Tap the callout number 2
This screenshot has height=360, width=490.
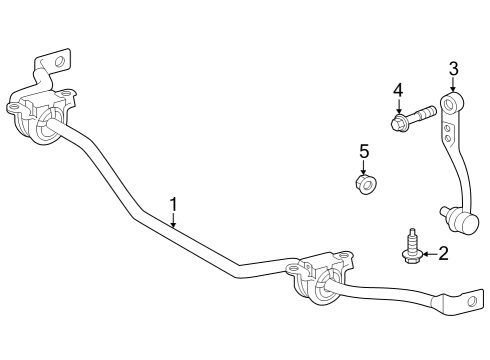pos(443,254)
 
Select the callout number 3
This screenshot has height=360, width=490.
pos(453,68)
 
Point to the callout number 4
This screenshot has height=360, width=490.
pos(397,91)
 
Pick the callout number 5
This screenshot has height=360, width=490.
pos(365,151)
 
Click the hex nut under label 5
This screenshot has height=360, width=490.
pos(366,184)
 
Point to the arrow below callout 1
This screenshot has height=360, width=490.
pos(173,222)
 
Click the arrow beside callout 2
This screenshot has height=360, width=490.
pos(427,255)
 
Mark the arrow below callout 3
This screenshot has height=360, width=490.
pos(453,86)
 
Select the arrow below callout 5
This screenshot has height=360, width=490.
pos(365,167)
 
